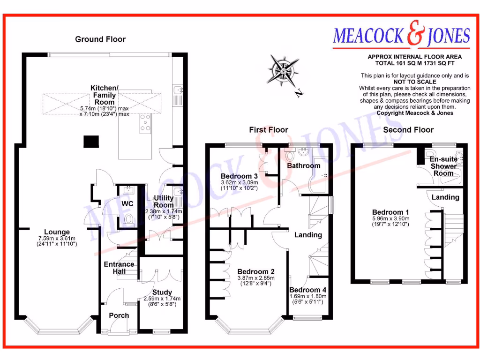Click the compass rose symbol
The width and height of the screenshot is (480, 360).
coord(283,70)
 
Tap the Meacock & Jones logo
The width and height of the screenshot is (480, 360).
coord(401,36)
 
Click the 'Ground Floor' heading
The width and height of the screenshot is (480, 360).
coord(100,39)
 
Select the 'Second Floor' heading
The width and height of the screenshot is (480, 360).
coord(408,130)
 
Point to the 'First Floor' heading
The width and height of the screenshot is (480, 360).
coord(269,130)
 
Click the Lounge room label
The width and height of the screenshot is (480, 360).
coord(57,232)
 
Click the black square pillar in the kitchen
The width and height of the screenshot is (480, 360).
coord(91,142)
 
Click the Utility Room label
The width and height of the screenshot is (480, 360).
coord(164,202)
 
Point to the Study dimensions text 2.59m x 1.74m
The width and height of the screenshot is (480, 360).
coord(162,299)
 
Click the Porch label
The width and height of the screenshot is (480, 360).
coord(119,315)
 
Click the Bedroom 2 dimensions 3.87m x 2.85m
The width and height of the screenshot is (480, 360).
coord(255,277)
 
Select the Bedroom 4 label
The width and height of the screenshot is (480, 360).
coord(307,290)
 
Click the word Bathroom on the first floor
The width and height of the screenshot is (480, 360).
coord(303,166)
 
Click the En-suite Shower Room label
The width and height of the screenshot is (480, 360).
coord(443,166)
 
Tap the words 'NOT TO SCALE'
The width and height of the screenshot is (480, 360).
coord(414,82)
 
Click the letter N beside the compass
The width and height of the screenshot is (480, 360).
coord(298,94)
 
